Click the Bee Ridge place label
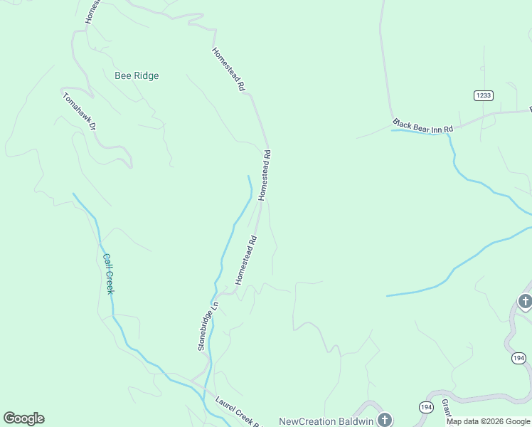pyautogui.click(x=137, y=75)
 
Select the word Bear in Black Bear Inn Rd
pyautogui.click(x=420, y=126)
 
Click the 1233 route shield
pyautogui.click(x=484, y=95)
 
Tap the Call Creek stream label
pyautogui.click(x=109, y=274)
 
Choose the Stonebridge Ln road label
pyautogui.click(x=207, y=326)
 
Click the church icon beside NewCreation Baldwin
pyautogui.click(x=385, y=419)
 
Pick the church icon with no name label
pyautogui.click(x=525, y=302)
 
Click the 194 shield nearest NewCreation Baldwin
pyautogui.click(x=425, y=407)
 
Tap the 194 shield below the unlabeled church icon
pyautogui.click(x=519, y=358)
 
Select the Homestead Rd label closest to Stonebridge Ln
pyautogui.click(x=245, y=256)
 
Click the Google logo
pyautogui.click(x=23, y=418)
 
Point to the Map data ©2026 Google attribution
pyautogui.click(x=488, y=421)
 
